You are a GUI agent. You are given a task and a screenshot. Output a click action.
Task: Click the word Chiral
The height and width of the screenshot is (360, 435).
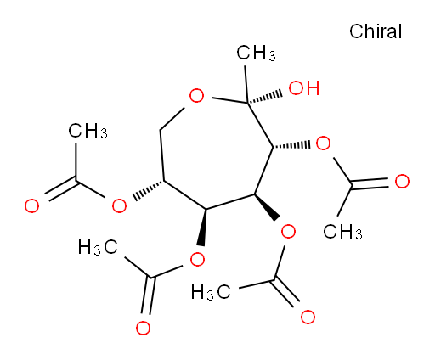tap(376, 31)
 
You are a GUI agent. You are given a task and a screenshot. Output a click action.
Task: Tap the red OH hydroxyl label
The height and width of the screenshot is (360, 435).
tap(304, 87)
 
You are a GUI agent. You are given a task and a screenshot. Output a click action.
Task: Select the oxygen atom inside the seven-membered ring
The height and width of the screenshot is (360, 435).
tap(196, 95)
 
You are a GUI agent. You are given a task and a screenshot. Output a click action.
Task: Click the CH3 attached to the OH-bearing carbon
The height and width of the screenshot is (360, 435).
tap(256, 53)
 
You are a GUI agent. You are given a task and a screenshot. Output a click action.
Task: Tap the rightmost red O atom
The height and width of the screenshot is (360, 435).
tap(402, 181)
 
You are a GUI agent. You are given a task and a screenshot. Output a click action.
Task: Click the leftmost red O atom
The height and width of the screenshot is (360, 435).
tap(31, 205)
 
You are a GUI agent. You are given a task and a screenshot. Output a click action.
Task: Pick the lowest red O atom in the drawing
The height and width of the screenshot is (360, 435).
tap(143, 328)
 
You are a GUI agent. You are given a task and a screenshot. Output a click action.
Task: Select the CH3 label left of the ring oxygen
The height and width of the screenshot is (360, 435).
tap(88, 131)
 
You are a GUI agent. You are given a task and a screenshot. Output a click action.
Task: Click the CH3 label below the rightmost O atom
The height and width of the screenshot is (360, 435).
tap(342, 232)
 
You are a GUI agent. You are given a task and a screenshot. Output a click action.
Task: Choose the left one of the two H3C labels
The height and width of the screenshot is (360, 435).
tap(98, 247)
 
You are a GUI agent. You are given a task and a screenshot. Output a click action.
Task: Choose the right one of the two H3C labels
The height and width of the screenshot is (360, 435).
tap(211, 292)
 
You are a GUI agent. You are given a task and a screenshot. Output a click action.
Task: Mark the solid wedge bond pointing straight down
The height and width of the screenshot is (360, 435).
tap(203, 228)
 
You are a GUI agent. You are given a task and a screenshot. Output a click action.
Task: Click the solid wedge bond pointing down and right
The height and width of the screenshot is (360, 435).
tap(267, 207)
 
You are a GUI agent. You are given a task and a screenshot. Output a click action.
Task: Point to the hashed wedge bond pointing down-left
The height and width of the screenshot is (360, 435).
tap(149, 190)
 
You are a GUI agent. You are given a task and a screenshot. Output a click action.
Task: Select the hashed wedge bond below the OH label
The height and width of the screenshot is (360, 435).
tap(291, 145)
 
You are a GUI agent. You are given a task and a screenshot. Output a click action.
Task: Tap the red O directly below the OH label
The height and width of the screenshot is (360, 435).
tap(323, 143)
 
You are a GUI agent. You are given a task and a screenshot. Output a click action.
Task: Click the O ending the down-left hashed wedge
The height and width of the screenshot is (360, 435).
tap(119, 205)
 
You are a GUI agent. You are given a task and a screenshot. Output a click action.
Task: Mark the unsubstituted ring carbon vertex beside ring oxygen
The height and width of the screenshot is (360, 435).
tap(161, 131)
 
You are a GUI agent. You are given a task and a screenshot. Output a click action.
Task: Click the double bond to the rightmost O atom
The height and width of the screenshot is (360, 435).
tap(370, 183)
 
